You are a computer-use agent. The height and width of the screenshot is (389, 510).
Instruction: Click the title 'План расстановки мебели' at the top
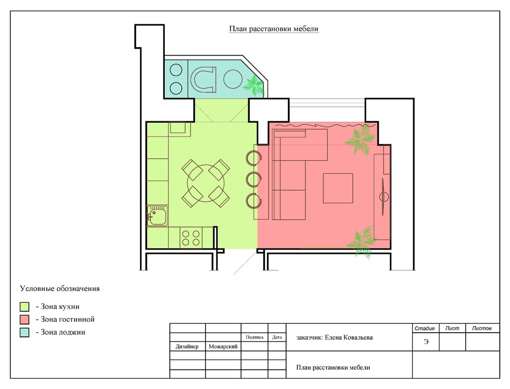pos(274,29)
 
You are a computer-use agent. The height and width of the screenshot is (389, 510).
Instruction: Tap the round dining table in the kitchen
pos(206,183)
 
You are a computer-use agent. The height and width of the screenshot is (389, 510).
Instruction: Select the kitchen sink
pos(158,216)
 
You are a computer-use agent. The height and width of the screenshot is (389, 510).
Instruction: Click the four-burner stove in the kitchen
pos(191,238)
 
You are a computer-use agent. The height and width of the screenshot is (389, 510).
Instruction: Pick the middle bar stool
pos(253,179)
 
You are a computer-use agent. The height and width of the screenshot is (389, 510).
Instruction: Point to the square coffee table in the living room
pos(338,188)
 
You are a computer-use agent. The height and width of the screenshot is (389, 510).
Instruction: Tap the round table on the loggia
pos(232,79)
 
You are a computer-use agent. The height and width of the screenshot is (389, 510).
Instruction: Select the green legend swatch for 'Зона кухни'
pos(24,306)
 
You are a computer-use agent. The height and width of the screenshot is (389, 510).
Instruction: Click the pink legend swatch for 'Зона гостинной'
pos(24,319)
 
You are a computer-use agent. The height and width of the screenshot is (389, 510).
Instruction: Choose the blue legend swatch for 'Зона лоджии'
pos(24,332)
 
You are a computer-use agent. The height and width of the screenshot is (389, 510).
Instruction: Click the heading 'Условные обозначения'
pos(60,288)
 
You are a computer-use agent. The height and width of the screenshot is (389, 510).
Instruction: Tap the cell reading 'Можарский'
pos(223,346)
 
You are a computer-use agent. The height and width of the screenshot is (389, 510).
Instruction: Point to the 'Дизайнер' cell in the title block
pos(187,346)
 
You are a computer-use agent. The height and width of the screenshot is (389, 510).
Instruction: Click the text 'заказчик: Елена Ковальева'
pos(334,337)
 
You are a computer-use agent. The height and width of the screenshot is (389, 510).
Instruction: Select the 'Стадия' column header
pos(424,328)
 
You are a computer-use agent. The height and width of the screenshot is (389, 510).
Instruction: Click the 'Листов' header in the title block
pos(482,328)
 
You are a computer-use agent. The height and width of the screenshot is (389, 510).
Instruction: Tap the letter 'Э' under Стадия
pos(426,342)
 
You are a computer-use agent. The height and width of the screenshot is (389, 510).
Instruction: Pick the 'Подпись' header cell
pos(254,337)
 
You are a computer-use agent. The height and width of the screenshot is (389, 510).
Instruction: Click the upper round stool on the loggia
pos(176,70)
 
